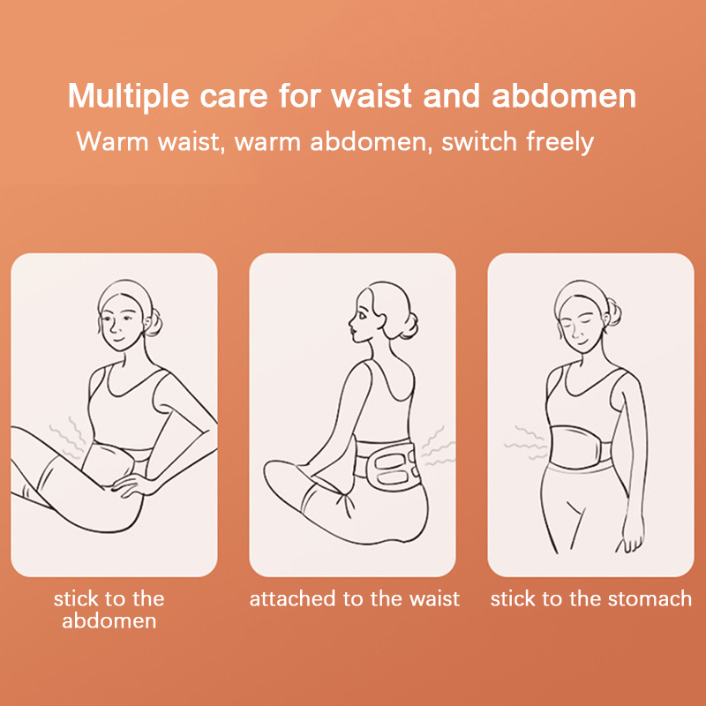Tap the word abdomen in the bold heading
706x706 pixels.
coord(564,95)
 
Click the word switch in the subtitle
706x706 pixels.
coord(479,141)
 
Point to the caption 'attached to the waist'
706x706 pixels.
coord(355,599)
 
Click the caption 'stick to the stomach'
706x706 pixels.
coord(590,599)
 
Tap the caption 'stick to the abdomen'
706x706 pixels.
coord(109,610)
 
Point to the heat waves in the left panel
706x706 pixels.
coord(68,437)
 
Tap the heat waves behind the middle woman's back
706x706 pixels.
coord(437,447)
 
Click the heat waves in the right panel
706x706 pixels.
coord(525,442)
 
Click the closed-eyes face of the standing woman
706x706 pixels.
coord(581,325)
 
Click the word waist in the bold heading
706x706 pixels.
coord(372,96)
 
